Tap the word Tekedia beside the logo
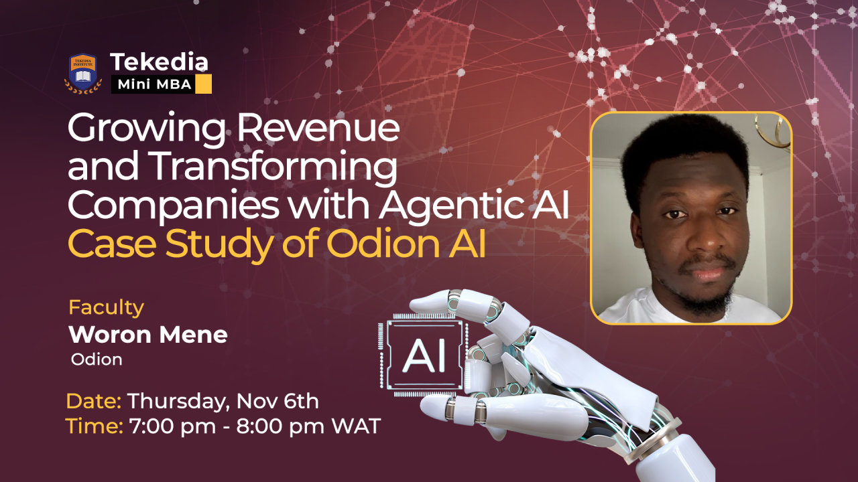tap(160, 62)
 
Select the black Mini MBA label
tap(155, 84)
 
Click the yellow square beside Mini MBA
tap(203, 84)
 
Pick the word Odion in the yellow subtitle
tap(376, 245)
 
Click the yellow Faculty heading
tap(106, 307)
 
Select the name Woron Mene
tap(148, 334)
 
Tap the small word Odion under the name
tap(97, 359)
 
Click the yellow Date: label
tap(93, 402)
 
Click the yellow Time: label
tap(94, 426)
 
